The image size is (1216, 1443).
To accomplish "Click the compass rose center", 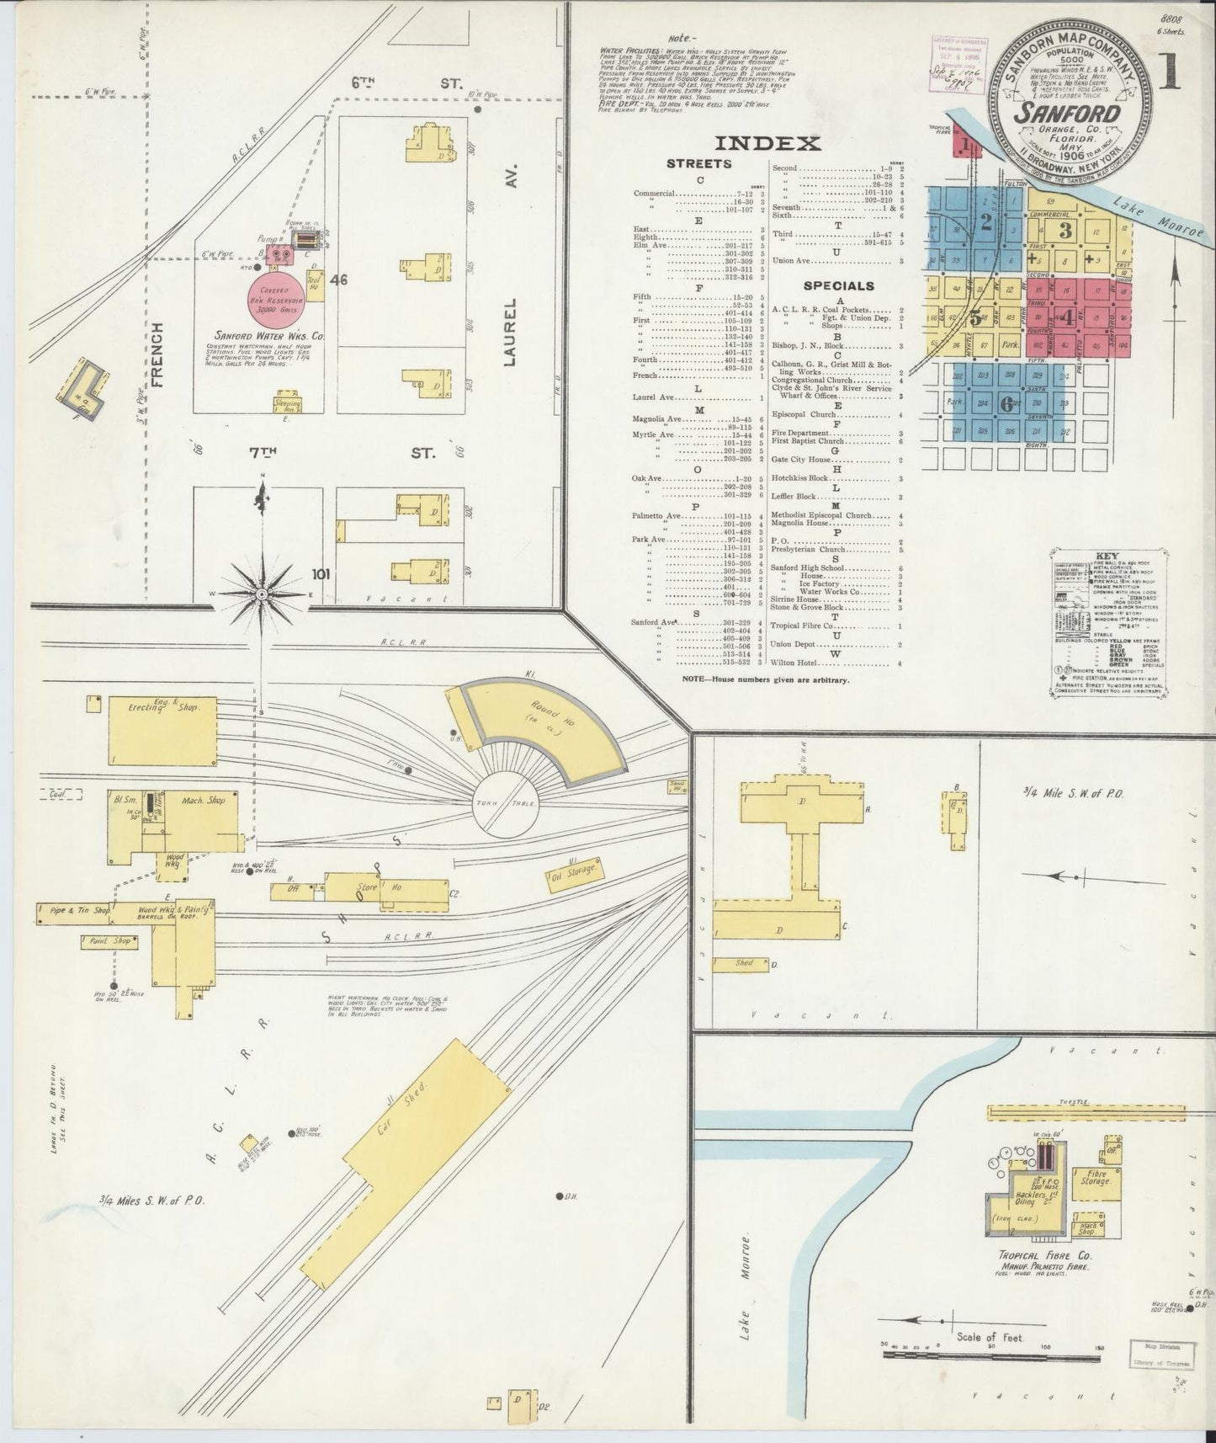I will [262, 594].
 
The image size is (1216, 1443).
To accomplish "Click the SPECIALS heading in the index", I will [837, 285].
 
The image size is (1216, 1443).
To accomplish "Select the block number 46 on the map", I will [338, 279].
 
